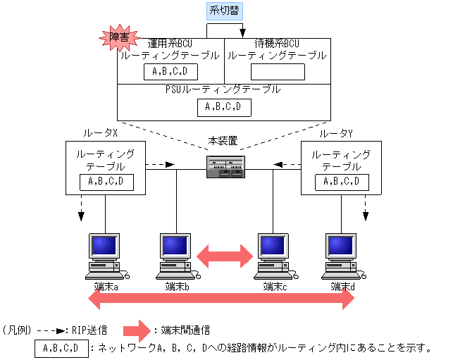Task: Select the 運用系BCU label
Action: coord(170,44)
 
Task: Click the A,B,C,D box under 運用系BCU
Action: coord(170,72)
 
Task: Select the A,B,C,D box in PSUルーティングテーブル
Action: coord(223,107)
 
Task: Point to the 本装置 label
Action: coord(223,141)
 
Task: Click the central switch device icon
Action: coord(226,167)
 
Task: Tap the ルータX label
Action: coord(100,133)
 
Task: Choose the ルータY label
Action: coord(336,133)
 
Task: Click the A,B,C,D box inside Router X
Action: coord(106,182)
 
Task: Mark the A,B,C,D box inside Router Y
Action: coord(341,182)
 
